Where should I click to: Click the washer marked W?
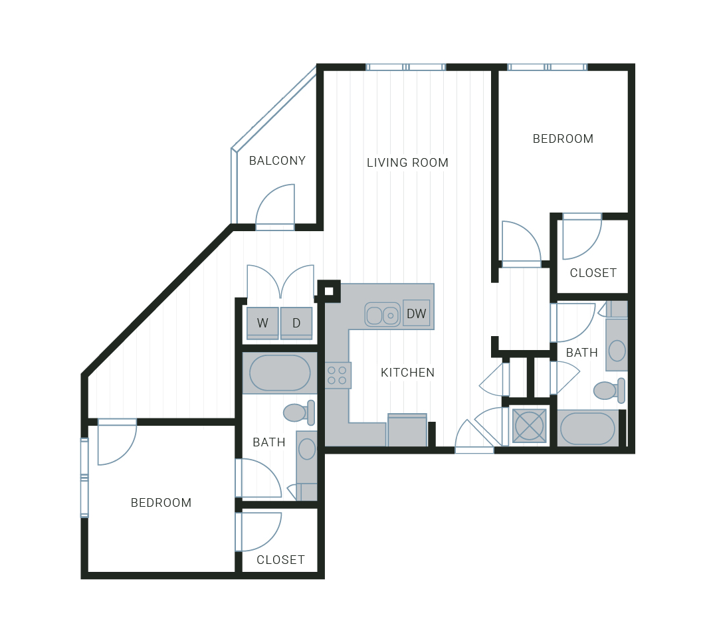coord(262,323)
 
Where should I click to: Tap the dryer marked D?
coord(296,323)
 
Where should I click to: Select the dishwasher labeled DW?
coord(416,314)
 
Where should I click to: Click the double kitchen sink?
coord(382,314)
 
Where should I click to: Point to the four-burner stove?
coord(338,375)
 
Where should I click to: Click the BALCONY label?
coord(277,161)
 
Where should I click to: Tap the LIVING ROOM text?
coord(407,162)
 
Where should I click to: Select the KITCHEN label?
coord(407,373)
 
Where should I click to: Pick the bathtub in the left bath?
coord(280,373)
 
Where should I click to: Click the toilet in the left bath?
coord(299,412)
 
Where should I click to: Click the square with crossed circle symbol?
coord(530,426)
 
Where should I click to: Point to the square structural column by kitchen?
coord(329,291)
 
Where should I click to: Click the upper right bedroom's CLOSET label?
coord(593,273)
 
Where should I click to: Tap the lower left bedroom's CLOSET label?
coord(280,559)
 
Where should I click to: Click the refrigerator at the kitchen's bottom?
coord(407,430)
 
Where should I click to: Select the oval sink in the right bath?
coord(617,350)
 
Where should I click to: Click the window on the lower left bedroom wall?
coord(84,477)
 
